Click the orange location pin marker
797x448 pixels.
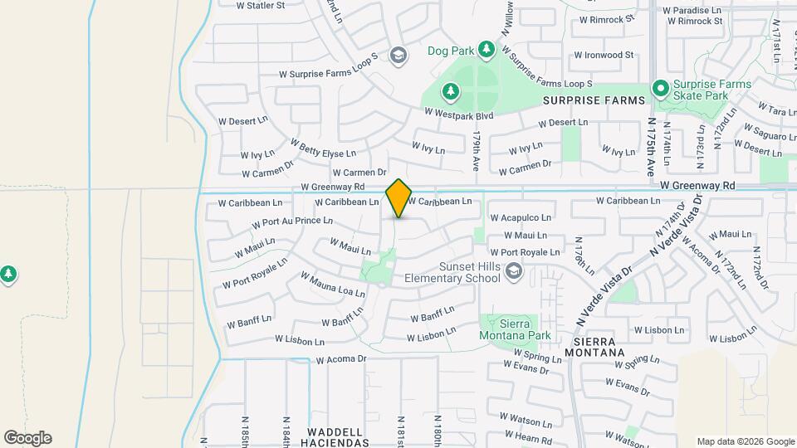(399, 197)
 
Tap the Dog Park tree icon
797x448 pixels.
(487, 51)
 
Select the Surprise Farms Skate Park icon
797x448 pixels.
(661, 87)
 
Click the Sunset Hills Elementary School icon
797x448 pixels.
(514, 270)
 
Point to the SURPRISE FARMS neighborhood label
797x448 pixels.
(594, 100)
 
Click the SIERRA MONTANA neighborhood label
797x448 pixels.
(599, 347)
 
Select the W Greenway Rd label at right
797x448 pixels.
(698, 186)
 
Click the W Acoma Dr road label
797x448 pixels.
(341, 359)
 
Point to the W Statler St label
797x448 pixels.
(260, 5)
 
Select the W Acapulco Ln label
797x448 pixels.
(521, 217)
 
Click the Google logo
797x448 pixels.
(27, 438)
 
